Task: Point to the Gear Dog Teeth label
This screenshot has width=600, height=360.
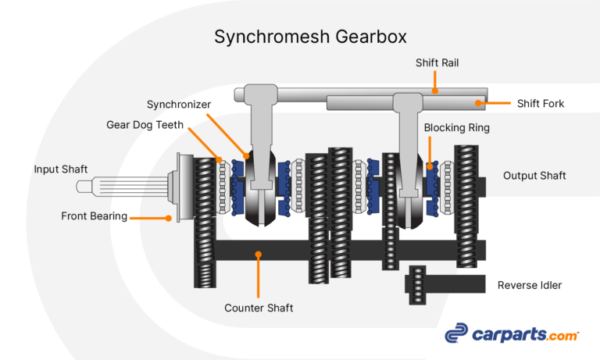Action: point(145,125)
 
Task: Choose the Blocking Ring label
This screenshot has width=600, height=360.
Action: point(456,127)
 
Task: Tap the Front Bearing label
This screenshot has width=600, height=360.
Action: point(94,216)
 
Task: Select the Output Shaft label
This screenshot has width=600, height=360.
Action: point(534,176)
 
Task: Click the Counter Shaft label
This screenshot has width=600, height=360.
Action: point(259,308)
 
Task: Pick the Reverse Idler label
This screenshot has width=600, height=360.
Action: point(529,285)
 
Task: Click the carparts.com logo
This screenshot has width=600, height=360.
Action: point(512,334)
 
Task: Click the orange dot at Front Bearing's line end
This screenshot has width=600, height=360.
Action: point(169,218)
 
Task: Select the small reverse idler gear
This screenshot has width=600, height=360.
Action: point(417,284)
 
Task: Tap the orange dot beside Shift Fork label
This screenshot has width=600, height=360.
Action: point(479,102)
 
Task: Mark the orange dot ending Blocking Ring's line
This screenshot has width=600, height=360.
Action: point(430,166)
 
